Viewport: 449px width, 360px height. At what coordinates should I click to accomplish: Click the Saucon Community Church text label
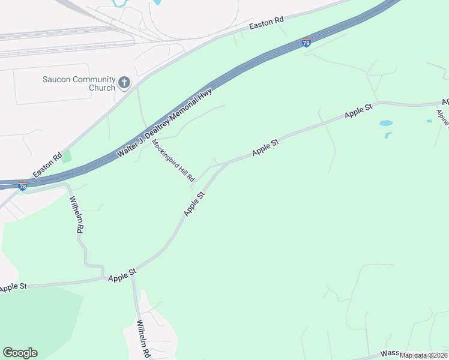click(78, 83)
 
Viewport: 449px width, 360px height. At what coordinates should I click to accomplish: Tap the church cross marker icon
click(124, 83)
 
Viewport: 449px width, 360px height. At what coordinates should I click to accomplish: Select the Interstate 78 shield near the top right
click(307, 43)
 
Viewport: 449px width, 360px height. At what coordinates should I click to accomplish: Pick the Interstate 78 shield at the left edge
click(22, 186)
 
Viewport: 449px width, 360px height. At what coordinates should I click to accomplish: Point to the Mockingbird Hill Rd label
click(173, 161)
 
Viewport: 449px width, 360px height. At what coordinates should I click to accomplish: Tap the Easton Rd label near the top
click(266, 22)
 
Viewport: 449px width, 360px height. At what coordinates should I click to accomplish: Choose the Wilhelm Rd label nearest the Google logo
click(143, 339)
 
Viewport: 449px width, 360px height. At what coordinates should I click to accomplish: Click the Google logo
click(20, 353)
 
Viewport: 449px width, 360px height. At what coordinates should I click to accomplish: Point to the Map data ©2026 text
click(424, 355)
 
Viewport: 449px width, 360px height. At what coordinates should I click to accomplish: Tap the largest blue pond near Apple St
click(385, 123)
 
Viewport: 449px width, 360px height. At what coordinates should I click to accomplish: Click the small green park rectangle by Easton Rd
click(66, 157)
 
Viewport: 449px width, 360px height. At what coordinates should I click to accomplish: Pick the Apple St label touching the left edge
click(13, 287)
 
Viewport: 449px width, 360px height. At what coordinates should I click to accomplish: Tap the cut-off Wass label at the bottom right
click(389, 355)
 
